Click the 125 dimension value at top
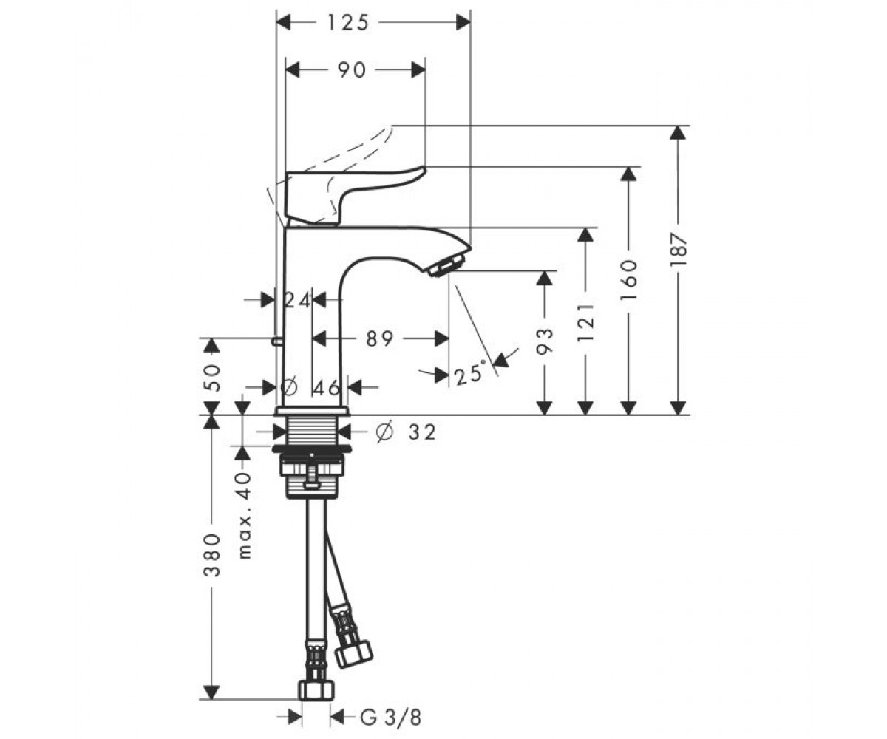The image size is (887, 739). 348,22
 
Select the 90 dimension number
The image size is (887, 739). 352,70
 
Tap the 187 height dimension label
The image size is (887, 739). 678,250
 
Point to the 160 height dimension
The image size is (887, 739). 629,279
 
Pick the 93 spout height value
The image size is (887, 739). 545,341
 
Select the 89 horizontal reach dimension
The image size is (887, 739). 380,338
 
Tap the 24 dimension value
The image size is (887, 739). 297,300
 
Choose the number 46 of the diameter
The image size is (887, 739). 327,387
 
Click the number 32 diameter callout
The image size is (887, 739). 422,432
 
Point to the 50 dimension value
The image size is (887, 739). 212,378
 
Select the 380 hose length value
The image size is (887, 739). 212,555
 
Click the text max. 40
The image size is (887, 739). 244,516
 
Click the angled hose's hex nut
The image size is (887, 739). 353,655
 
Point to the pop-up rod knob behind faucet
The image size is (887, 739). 277,340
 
